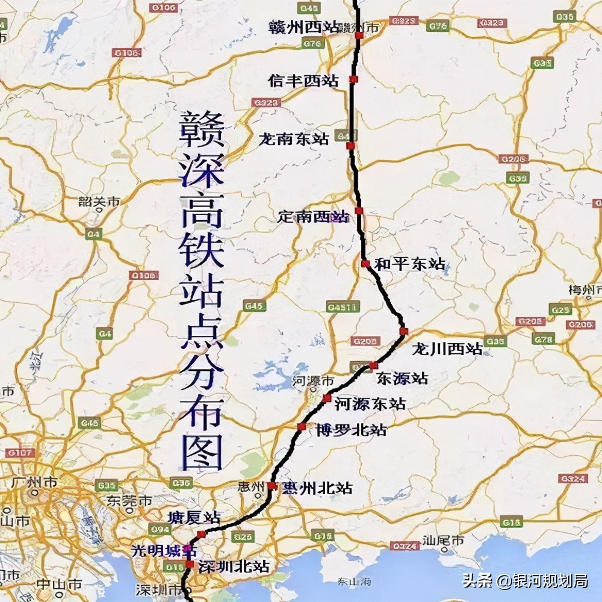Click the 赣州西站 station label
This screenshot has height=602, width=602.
[x=296, y=28]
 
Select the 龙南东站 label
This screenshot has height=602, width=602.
[x=294, y=139]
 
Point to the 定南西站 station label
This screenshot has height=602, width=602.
[x=312, y=216]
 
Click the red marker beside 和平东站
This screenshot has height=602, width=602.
[x=365, y=264]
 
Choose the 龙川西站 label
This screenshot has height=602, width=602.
[x=447, y=349]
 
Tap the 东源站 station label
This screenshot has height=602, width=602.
[x=402, y=379]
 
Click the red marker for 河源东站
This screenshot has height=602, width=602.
[x=327, y=399]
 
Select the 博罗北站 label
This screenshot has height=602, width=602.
[x=351, y=430]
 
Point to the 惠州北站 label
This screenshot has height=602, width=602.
[x=317, y=488]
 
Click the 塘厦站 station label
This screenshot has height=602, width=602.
[x=194, y=518]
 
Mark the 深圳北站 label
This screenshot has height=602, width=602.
[x=235, y=566]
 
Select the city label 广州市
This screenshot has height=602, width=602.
[x=34, y=482]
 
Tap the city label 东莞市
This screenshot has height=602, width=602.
[x=129, y=501]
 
